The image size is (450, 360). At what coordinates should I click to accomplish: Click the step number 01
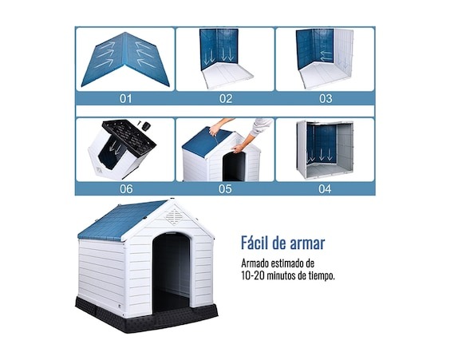tap(125, 98)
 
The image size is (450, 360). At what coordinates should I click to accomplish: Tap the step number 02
tap(226, 98)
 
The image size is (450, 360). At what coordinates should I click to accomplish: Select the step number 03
tap(326, 98)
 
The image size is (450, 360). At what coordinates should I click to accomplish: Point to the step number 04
tap(325, 189)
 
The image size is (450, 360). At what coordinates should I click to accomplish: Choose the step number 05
tap(225, 189)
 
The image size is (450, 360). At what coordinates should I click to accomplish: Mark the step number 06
tap(126, 189)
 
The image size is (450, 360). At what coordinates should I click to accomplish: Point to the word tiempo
tap(322, 276)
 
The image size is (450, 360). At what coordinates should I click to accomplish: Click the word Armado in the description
tap(255, 263)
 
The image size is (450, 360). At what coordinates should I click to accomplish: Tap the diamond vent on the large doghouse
tap(174, 217)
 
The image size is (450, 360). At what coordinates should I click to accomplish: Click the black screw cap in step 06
tap(147, 126)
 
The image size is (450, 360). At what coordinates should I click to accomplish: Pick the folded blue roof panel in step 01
tap(125, 59)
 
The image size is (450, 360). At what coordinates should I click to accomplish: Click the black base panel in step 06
tap(129, 136)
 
